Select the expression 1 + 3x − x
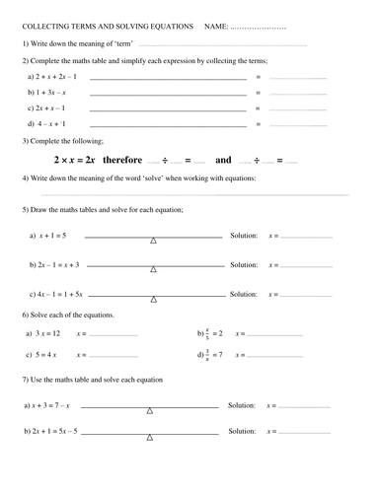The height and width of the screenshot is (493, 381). coord(49,92)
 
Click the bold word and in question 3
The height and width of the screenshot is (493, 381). coord(223,159)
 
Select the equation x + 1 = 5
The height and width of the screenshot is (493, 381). coord(52,236)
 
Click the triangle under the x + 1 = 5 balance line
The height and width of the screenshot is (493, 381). coord(152,242)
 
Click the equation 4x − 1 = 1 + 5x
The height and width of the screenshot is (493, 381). coord(61,294)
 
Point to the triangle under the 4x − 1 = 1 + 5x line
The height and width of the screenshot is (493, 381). coord(152,300)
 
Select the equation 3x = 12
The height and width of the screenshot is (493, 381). coord(47,333)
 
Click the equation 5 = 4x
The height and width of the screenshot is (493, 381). coord(45,354)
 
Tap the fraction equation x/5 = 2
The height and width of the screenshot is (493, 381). coord(213,333)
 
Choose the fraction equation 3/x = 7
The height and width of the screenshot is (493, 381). coord(213,354)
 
